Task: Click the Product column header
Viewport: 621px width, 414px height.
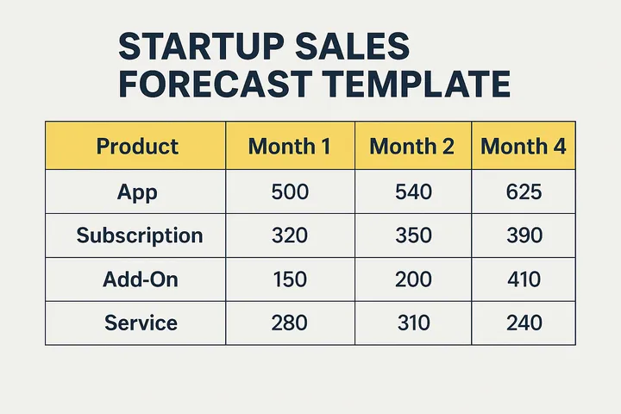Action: click(x=137, y=146)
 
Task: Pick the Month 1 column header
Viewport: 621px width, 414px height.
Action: click(x=289, y=146)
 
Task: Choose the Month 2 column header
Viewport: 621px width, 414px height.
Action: click(x=411, y=146)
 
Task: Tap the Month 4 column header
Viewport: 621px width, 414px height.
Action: click(x=524, y=146)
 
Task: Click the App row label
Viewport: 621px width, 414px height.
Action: click(x=137, y=191)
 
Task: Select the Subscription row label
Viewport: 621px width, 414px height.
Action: click(x=139, y=235)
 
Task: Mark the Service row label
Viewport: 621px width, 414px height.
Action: click(x=141, y=323)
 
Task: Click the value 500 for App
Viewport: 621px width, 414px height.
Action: click(x=289, y=191)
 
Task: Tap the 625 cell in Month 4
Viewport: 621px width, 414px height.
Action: click(x=524, y=191)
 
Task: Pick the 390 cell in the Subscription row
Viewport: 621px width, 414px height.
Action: click(x=524, y=235)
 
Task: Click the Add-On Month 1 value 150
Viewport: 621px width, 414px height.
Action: click(x=289, y=279)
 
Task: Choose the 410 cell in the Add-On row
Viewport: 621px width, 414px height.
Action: click(x=524, y=279)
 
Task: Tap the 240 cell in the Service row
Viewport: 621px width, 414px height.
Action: click(x=524, y=323)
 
